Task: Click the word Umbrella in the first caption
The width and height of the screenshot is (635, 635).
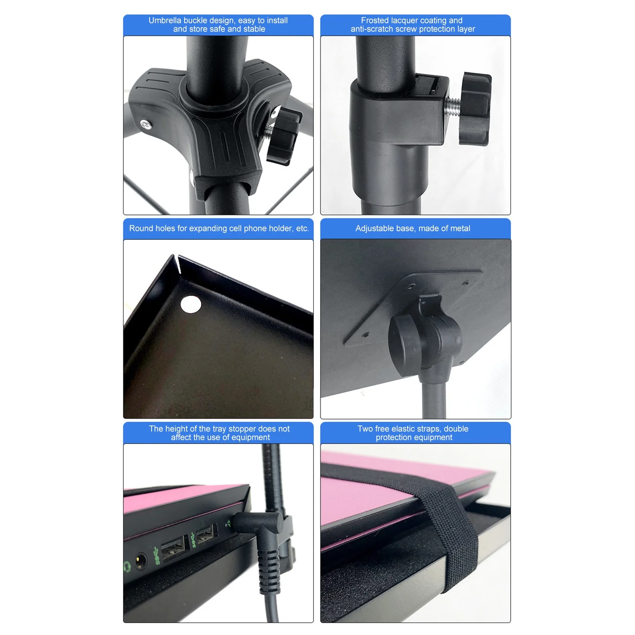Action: [164, 20]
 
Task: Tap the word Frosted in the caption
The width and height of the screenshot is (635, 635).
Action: [374, 20]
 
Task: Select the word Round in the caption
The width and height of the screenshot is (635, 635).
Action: [140, 228]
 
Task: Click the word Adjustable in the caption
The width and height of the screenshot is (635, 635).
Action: [373, 228]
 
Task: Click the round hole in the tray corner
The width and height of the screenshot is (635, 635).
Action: [190, 304]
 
